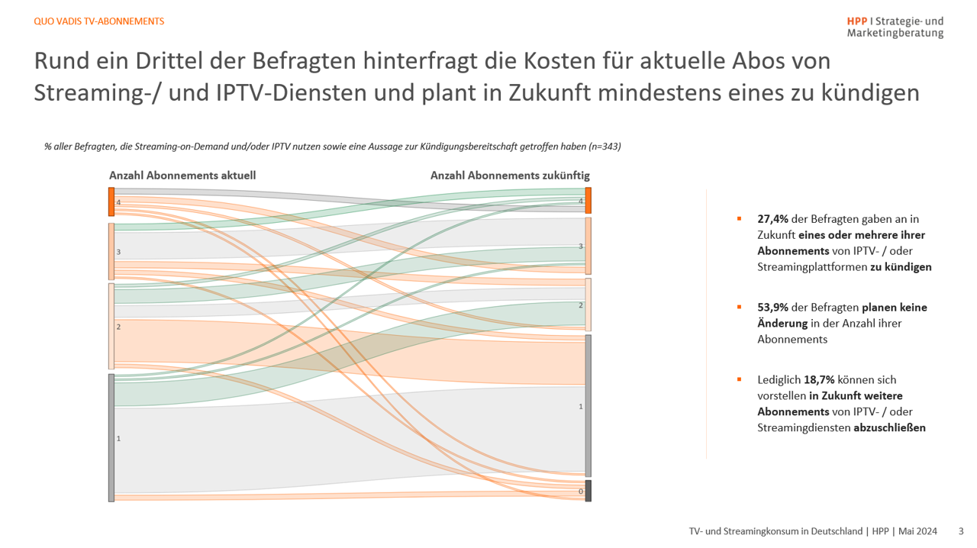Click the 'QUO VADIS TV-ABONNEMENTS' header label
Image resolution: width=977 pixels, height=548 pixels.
[99, 21]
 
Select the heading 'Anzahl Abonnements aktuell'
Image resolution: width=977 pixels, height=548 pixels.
[182, 176]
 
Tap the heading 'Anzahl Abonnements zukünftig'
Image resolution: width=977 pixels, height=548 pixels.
[510, 176]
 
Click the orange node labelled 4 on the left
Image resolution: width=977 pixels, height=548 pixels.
[111, 201]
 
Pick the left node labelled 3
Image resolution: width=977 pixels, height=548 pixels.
[111, 251]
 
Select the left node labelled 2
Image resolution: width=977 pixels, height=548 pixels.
[111, 326]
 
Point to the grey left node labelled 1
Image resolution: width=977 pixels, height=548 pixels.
[111, 437]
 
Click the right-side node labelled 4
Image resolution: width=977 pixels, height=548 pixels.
[588, 201]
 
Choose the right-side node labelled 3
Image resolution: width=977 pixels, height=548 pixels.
[588, 246]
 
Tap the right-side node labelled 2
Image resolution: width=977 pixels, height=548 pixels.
[588, 305]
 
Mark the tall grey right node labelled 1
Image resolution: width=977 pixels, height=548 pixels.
[588, 405]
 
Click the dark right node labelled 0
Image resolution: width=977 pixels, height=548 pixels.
[588, 491]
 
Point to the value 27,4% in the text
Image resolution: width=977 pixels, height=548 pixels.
[772, 219]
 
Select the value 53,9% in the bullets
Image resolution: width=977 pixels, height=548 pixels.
[772, 308]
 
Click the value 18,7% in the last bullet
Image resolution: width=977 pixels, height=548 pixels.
[819, 379]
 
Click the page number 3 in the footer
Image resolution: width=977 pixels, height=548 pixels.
[961, 531]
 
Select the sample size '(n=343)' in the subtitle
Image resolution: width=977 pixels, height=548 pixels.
[601, 147]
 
